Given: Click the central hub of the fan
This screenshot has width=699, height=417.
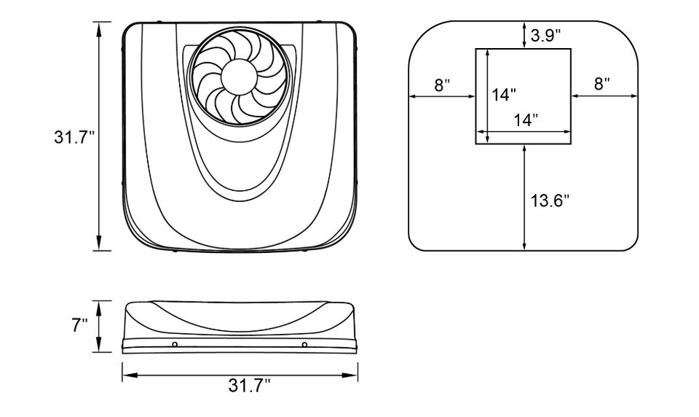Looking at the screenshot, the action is [240, 77].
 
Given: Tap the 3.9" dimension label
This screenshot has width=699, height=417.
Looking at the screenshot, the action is [545, 35].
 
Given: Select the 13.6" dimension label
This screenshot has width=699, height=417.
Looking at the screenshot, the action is [550, 200].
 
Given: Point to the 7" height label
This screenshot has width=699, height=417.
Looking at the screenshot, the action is [79, 325].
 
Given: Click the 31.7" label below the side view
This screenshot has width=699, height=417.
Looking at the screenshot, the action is [250, 386].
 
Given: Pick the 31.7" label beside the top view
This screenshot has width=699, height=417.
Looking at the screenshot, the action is [75, 136].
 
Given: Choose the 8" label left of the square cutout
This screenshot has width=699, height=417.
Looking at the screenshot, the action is [442, 85].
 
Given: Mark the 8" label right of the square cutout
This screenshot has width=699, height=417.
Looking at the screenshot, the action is [602, 84].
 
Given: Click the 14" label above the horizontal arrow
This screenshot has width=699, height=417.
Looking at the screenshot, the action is [526, 120].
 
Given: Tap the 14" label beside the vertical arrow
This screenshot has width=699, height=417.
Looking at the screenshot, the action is [504, 95].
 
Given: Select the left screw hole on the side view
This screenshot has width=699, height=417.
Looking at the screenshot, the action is [175, 344].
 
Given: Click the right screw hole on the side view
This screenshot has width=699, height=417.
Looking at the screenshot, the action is [304, 344].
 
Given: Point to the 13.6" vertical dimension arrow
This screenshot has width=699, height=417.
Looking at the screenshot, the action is [525, 197].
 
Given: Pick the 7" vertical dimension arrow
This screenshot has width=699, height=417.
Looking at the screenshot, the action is [99, 327].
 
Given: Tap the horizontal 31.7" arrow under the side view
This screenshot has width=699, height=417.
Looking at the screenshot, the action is [240, 375].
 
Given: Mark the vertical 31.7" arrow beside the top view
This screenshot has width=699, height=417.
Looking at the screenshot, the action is [99, 136].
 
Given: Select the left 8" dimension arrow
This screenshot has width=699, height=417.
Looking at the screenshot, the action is [442, 96].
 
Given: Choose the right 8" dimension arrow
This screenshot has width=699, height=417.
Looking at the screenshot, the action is [604, 96].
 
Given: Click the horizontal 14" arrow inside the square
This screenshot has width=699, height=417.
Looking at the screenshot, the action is [524, 132].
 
